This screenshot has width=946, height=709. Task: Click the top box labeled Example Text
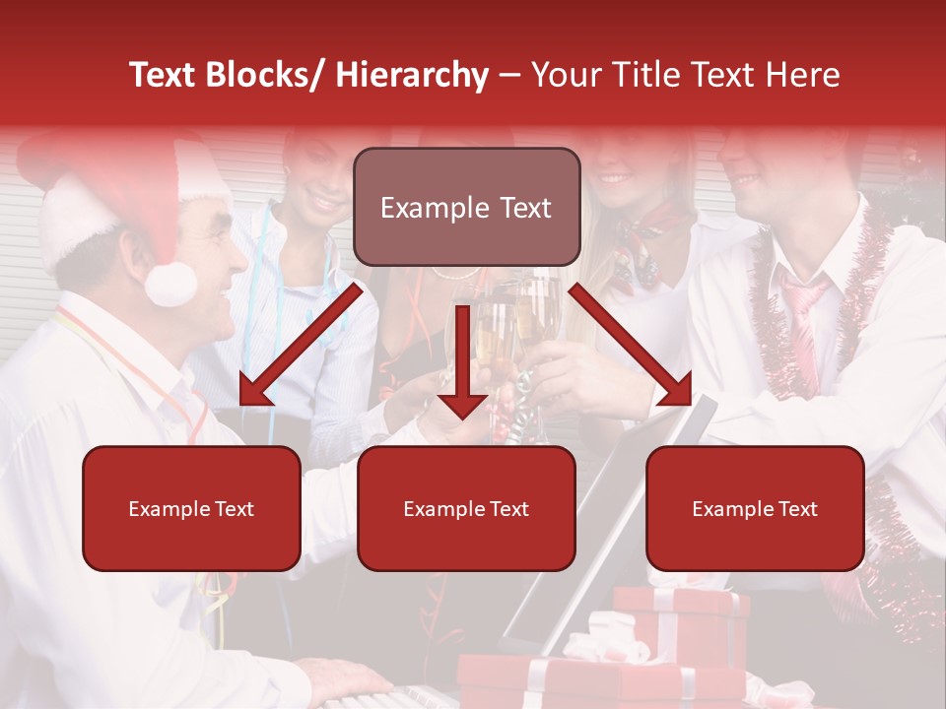[x=466, y=207]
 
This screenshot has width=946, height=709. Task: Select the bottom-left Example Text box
[x=191, y=508]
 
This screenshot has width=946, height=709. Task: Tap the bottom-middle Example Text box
[x=466, y=508]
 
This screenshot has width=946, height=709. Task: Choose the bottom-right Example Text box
[x=755, y=508]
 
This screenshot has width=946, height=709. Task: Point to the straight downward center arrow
[x=462, y=364]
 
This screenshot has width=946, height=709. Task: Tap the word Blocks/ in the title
[x=267, y=76]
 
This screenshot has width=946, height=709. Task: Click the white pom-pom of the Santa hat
[x=170, y=285]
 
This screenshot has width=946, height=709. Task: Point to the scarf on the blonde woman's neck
[x=645, y=236]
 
